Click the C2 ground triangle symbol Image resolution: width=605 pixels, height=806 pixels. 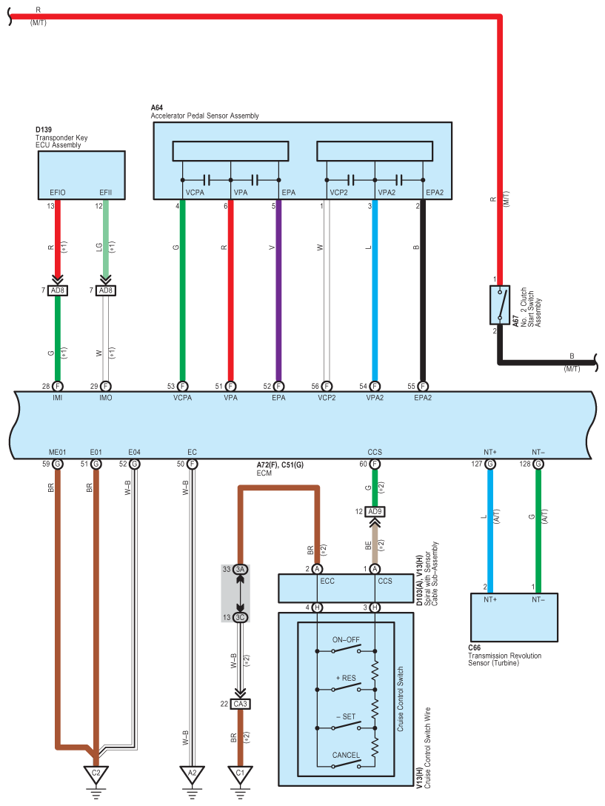96,775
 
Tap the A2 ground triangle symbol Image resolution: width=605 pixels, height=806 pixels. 193,775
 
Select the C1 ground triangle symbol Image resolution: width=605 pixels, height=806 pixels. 240,775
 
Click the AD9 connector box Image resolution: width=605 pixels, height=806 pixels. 375,511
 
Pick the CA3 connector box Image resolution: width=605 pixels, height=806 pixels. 240,704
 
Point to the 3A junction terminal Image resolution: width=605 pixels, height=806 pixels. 240,569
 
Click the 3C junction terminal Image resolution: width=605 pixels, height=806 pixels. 240,617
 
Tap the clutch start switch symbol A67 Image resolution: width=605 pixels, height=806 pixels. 500,304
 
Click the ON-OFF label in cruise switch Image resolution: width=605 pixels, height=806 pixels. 346,640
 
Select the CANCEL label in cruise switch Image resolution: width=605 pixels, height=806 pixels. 346,755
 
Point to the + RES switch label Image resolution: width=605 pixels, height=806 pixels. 346,678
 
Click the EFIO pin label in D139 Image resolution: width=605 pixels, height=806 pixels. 58,193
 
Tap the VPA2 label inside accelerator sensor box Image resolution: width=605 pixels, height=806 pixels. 387,193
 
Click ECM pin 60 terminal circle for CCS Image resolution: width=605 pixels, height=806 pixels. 375,464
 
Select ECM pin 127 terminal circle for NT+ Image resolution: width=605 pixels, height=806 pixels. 490,464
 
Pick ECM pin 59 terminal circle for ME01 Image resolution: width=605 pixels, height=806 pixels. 58,464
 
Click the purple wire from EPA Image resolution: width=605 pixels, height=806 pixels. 278,290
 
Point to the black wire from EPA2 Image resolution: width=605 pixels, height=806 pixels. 423,290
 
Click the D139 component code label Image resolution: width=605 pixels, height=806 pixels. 44,130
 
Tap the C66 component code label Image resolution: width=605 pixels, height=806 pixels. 475,647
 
